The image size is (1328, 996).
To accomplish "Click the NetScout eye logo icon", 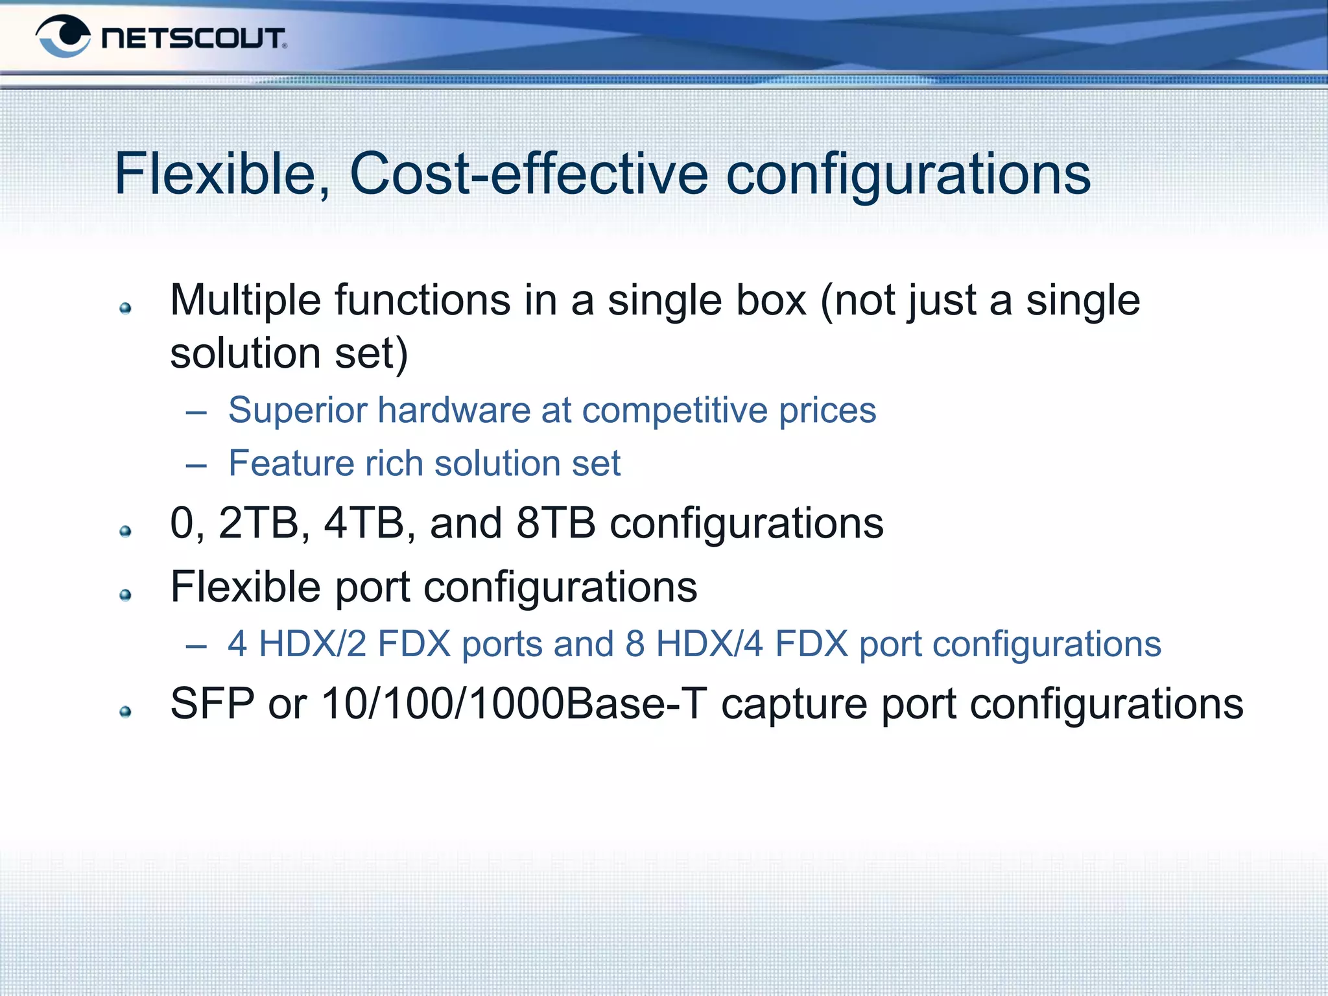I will (x=64, y=37).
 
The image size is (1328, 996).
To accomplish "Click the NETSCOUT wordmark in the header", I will (x=193, y=38).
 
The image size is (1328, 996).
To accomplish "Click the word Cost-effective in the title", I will (x=528, y=174).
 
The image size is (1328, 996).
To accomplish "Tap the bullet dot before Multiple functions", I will (x=126, y=309).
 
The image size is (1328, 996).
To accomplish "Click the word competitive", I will (x=674, y=410).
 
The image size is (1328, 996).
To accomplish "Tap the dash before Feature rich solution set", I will (x=196, y=464).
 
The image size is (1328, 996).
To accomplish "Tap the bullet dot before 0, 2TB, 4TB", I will (x=126, y=532).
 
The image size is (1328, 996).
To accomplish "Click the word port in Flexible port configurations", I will (x=372, y=587).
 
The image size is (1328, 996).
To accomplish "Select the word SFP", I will (x=212, y=704).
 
